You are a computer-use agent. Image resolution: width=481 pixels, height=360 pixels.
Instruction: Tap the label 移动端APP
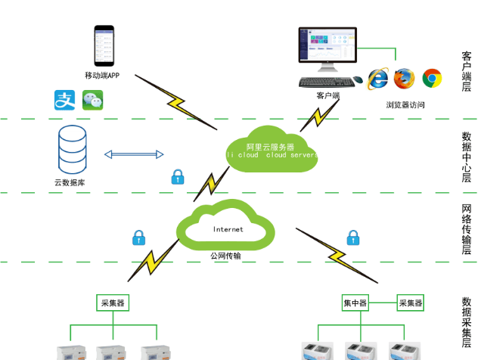[x=102, y=76]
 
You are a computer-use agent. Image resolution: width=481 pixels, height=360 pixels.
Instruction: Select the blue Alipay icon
[x=64, y=100]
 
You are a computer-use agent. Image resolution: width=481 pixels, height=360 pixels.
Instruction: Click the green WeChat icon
[x=92, y=100]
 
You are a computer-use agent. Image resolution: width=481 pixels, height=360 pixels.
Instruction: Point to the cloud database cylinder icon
[x=72, y=149]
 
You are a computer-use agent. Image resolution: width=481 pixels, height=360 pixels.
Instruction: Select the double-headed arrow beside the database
[x=134, y=154]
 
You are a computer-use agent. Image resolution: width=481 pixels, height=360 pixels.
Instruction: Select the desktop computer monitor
[x=328, y=47]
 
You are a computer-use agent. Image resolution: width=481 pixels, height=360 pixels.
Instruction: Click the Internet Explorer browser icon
[x=378, y=78]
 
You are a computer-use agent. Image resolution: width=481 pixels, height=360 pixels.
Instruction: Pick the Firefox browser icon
[x=405, y=78]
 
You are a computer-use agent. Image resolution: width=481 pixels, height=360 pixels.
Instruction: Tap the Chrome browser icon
[x=432, y=78]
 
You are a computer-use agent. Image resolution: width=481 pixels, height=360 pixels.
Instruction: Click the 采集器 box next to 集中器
[x=411, y=303]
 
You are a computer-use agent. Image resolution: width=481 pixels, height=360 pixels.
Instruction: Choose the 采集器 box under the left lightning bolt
[x=113, y=303]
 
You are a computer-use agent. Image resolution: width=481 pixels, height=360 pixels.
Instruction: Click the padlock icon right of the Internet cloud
[x=352, y=238]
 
